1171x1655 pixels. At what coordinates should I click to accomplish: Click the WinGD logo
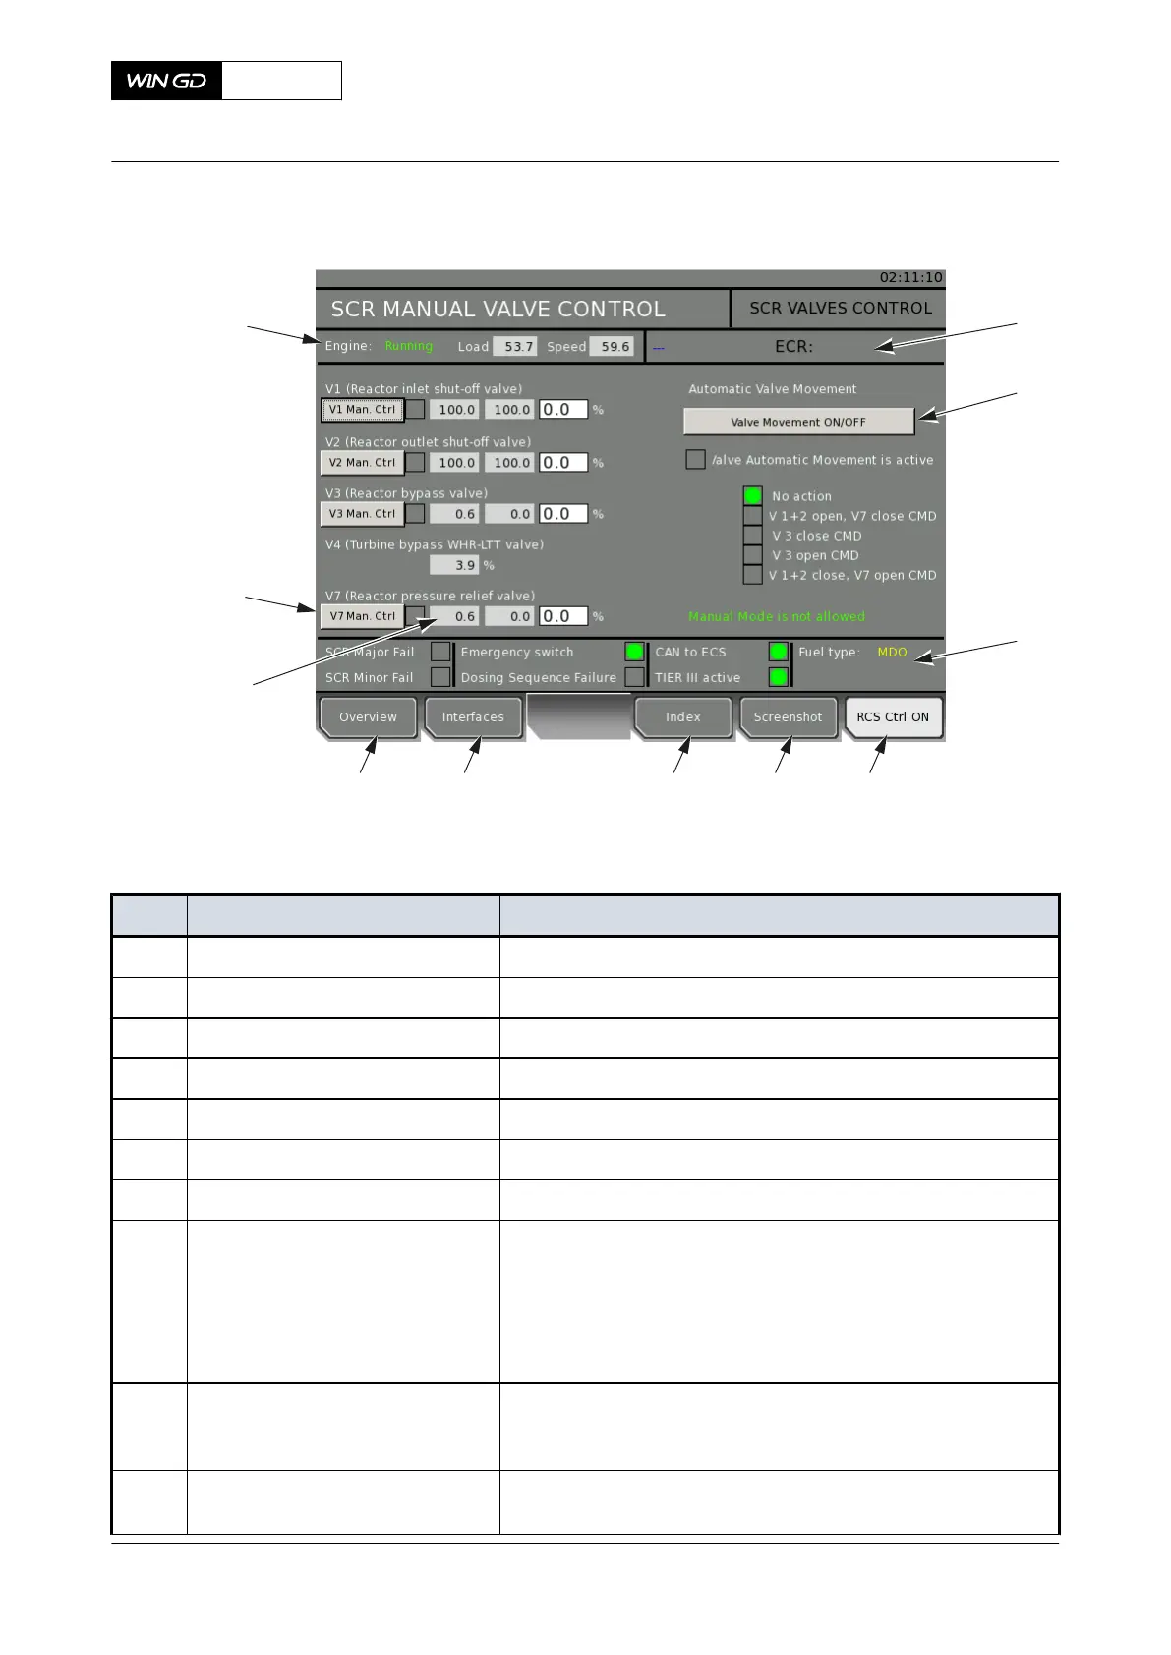click(x=167, y=81)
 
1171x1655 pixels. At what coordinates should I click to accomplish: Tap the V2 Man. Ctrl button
click(x=362, y=462)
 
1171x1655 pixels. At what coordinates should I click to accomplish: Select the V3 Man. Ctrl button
click(x=362, y=513)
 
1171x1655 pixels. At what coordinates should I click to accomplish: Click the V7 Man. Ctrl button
click(x=362, y=616)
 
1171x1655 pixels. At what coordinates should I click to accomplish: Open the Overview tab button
click(x=368, y=717)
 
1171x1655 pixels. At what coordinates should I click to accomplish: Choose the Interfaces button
click(x=473, y=717)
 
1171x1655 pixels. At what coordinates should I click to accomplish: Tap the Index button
click(x=682, y=717)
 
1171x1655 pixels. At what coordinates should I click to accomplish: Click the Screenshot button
click(x=788, y=717)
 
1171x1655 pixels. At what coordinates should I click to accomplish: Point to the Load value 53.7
click(x=515, y=346)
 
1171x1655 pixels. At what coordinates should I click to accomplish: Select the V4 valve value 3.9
click(x=454, y=565)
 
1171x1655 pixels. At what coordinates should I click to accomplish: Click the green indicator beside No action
click(x=753, y=495)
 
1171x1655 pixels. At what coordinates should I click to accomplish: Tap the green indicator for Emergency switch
click(x=634, y=652)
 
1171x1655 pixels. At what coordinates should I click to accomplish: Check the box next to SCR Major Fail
click(x=440, y=652)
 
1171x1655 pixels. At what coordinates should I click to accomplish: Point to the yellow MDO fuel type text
click(x=892, y=652)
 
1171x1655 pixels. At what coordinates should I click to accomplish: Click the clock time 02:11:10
click(x=910, y=277)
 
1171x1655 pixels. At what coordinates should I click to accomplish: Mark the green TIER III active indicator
click(x=778, y=677)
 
